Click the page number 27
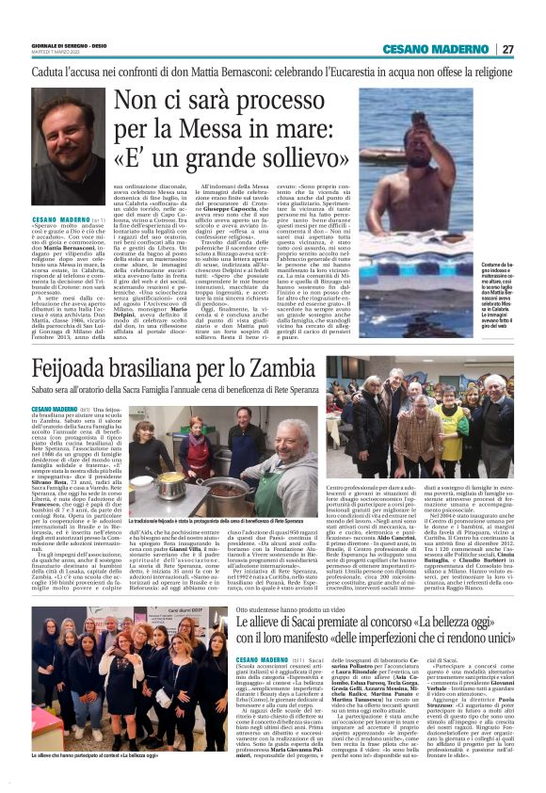point(508,49)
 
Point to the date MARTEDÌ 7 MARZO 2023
point(58,52)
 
